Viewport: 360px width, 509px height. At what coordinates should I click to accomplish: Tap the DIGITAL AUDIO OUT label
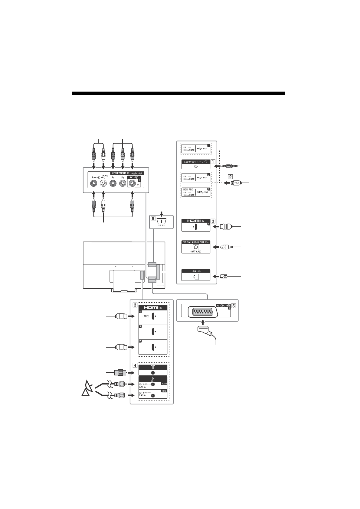coord(196,242)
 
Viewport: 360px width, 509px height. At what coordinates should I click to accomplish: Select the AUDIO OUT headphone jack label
coord(196,162)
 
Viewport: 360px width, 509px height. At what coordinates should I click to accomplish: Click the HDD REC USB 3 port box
coord(196,192)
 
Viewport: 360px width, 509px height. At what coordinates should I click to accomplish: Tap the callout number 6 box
coord(153,218)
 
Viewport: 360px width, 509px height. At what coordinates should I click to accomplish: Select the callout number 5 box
coord(234,305)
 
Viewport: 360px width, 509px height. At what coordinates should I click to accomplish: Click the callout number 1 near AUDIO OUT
coord(213,162)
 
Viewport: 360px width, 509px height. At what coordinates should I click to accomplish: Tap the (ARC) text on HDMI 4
coord(147,316)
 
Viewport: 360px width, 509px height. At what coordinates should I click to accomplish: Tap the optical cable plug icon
coord(225,247)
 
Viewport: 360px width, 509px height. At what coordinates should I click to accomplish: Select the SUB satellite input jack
coord(153,395)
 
